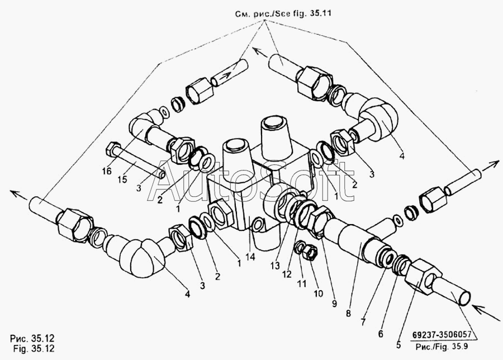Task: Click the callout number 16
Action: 107,172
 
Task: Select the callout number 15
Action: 122,179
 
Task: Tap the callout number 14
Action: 250,257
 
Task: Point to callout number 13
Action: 275,266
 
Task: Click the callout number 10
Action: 318,293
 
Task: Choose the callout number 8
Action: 348,314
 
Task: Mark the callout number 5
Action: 398,345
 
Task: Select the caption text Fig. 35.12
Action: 34,348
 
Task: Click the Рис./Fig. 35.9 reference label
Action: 442,347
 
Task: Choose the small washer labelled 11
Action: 300,248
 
